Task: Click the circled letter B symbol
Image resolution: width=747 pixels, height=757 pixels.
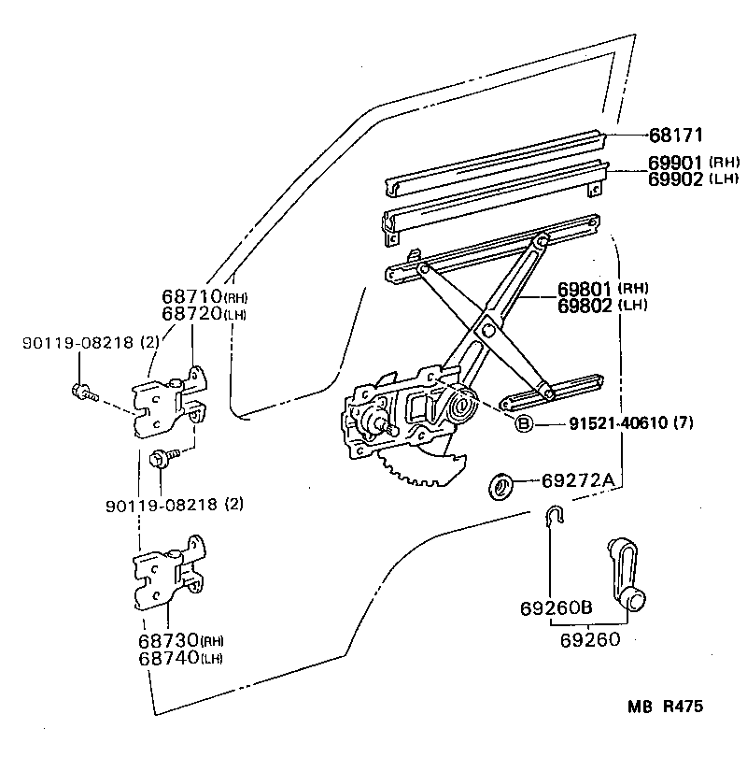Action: [x=524, y=424]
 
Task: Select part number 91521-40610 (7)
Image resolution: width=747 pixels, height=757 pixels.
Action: [x=631, y=424]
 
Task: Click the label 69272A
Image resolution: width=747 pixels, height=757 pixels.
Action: [x=577, y=481]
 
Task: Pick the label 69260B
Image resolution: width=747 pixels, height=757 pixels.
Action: [x=556, y=609]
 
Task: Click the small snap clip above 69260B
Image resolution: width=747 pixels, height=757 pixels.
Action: [x=553, y=516]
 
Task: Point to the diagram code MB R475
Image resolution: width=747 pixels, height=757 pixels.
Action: [x=665, y=707]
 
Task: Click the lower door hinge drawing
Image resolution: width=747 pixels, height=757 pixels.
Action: [x=169, y=575]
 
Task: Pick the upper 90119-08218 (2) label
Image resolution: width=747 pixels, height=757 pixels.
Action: [x=91, y=344]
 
